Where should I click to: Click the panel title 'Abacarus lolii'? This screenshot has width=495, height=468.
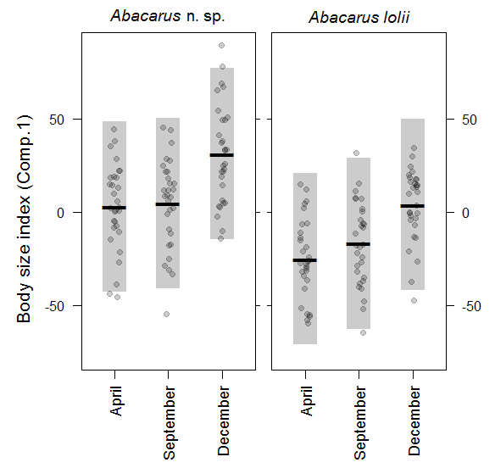coord(359,16)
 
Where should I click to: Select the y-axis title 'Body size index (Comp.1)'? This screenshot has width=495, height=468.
coord(25,218)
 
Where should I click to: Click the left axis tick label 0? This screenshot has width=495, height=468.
coord(63,213)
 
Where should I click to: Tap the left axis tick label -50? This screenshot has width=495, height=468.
coord(57,305)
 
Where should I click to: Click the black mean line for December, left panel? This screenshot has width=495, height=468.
coord(222,155)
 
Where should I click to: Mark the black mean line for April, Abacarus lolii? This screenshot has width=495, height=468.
coord(304,260)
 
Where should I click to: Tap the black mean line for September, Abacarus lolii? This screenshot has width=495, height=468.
coord(359,244)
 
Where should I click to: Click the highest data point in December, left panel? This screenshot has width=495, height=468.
coord(222,45)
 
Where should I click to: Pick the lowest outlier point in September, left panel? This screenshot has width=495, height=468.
coord(167,314)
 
